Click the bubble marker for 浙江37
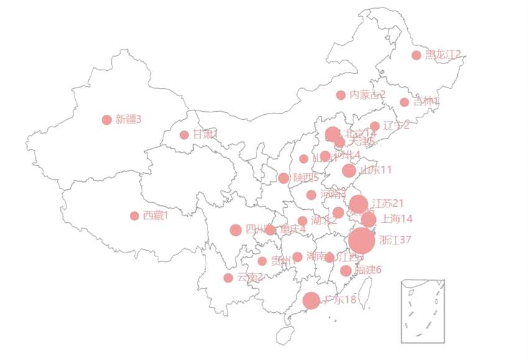click(x=362, y=241)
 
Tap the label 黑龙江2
click(x=443, y=55)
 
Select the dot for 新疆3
click(x=107, y=120)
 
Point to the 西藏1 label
click(x=155, y=215)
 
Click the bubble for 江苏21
click(x=358, y=204)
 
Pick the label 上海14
click(x=397, y=218)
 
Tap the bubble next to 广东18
click(x=311, y=300)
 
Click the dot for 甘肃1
click(x=184, y=135)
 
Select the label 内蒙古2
click(x=367, y=94)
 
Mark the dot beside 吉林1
click(x=404, y=102)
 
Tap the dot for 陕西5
click(x=284, y=178)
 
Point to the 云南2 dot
click(x=228, y=277)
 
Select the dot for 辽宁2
click(x=375, y=126)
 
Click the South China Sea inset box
click(x=423, y=311)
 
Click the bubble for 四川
click(x=235, y=230)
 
